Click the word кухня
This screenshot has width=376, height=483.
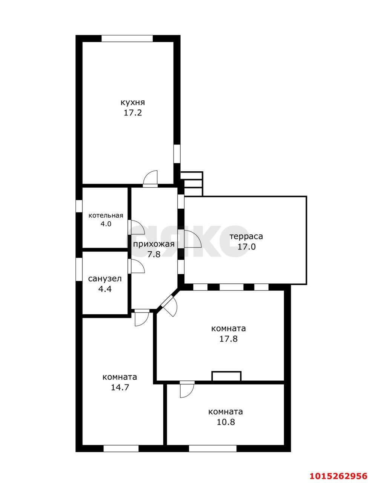[133, 103]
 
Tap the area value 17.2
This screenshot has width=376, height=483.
[133, 113]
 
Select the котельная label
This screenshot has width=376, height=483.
[106, 215]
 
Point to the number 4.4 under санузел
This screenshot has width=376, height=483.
[104, 289]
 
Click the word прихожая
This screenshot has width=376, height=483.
[154, 244]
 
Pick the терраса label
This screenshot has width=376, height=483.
[246, 236]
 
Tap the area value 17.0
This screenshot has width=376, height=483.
[247, 246]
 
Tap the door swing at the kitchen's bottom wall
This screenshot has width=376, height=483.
[150, 178]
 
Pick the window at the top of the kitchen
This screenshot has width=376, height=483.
[127, 38]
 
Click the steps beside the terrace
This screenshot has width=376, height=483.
[192, 184]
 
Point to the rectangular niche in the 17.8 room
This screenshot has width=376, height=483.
[226, 376]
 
